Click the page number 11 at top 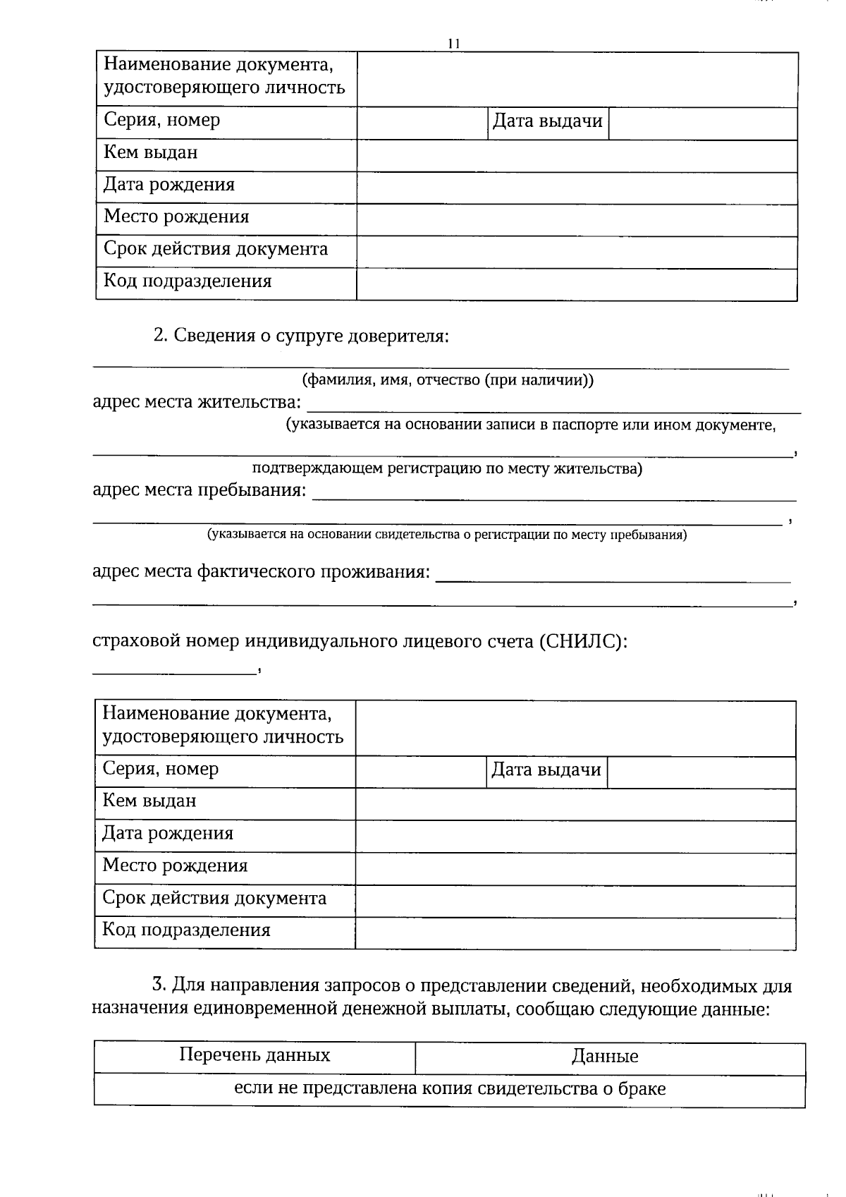[454, 44]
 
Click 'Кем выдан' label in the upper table [151, 152]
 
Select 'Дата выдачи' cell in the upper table [547, 121]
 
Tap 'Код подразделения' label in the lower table [186, 930]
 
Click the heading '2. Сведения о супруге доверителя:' [301, 336]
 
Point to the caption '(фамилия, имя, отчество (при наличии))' [448, 380]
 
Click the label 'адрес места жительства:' [197, 402]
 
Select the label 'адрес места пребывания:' [200, 490]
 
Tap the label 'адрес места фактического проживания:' [261, 571]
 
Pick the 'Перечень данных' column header [255, 1055]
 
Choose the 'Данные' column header [605, 1057]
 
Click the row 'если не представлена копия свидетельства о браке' [449, 1088]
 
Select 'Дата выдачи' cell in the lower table [546, 770]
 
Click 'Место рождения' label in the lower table [175, 865]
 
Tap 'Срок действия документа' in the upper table [216, 249]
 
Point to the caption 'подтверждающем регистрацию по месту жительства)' [447, 468]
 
